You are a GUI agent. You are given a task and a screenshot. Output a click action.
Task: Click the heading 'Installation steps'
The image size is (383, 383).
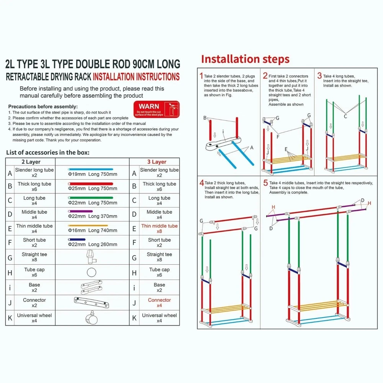pyautogui.click(x=245, y=59)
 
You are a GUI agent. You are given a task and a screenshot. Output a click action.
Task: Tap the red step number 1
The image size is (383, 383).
pyautogui.click(x=201, y=75)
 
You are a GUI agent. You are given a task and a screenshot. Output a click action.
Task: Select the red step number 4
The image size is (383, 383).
pyautogui.click(x=202, y=183)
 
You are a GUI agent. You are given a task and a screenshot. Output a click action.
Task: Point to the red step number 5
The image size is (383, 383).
pyautogui.click(x=265, y=183)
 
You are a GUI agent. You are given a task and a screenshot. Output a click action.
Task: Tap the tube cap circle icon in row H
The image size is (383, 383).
pyautogui.click(x=91, y=273)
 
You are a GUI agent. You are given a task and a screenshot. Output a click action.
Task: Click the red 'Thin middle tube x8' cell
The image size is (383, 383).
pyautogui.click(x=159, y=229)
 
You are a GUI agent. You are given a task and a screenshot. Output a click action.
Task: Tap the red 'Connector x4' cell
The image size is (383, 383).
pyautogui.click(x=159, y=303)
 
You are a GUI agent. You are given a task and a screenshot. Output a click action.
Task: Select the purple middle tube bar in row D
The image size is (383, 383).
pyautogui.click(x=80, y=211)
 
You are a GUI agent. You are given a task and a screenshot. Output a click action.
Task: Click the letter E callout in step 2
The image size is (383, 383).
pyautogui.click(x=286, y=148)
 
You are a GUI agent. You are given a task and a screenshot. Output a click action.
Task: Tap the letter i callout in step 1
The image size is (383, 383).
pyautogui.click(x=223, y=131)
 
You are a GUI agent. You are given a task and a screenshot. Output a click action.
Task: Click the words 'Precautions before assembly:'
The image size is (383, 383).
pyautogui.click(x=43, y=106)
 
